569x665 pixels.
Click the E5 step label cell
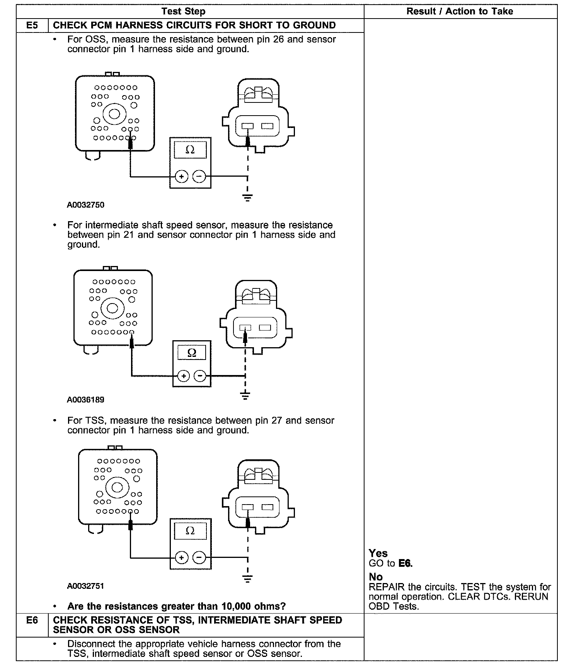[x=32, y=25]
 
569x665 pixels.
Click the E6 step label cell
[x=32, y=621]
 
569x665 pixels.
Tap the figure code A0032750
[x=85, y=205]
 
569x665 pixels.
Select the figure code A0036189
[x=85, y=400]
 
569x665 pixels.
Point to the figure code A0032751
[x=85, y=586]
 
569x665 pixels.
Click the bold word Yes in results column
[x=378, y=553]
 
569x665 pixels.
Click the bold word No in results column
[x=375, y=577]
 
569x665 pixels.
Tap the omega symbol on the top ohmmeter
[x=190, y=150]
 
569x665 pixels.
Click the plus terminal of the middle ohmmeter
[x=184, y=375]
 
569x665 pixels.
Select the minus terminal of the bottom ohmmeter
[x=199, y=558]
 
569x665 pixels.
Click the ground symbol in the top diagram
[x=247, y=198]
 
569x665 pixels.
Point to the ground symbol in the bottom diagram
[x=247, y=578]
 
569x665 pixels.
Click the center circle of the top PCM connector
[x=114, y=114]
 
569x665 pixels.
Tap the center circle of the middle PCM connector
[x=112, y=308]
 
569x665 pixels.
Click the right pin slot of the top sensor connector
[x=267, y=126]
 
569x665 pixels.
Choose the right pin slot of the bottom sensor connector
[x=267, y=507]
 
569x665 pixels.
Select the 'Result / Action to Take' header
[x=460, y=11]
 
